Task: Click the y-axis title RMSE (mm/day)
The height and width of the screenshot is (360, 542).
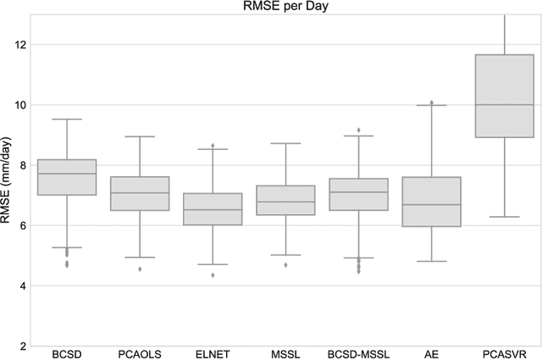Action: (9, 180)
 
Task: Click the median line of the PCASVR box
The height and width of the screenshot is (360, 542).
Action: (506, 105)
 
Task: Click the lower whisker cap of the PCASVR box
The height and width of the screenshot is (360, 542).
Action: (506, 217)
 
